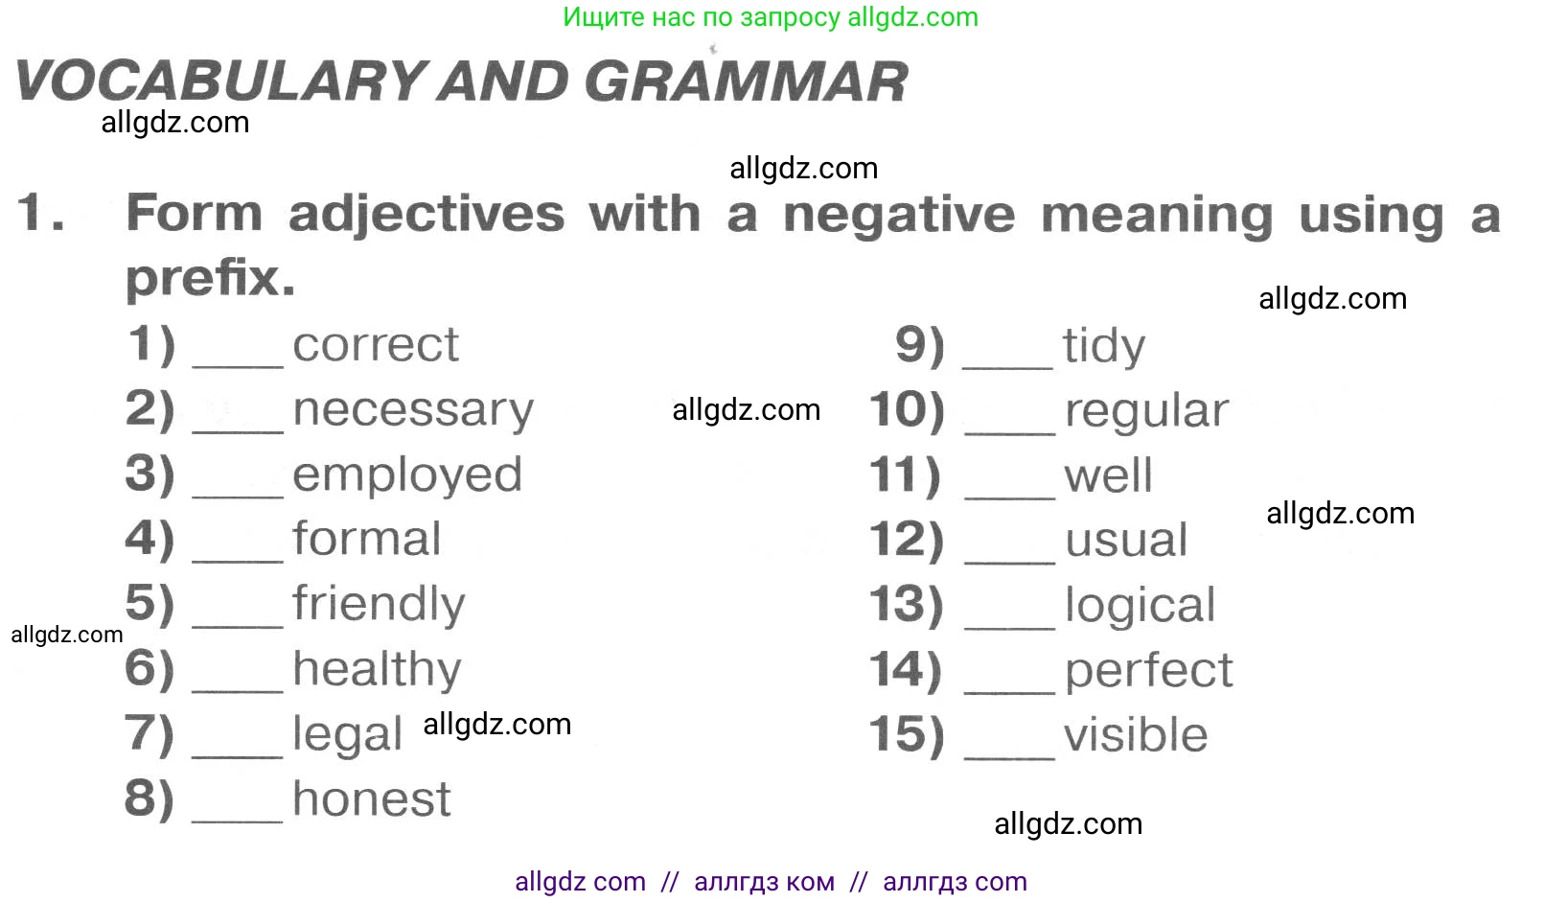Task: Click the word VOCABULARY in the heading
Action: tap(219, 81)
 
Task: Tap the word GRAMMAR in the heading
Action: tap(747, 81)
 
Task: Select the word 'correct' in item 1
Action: tap(376, 344)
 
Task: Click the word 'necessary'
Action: tap(413, 411)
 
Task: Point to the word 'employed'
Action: tap(407, 475)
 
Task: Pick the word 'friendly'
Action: tap(379, 604)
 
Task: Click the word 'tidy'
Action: tap(1104, 345)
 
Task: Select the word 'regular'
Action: tap(1146, 411)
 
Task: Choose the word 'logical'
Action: tap(1141, 606)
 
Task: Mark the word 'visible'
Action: tap(1136, 734)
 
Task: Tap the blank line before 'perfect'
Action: tap(1009, 691)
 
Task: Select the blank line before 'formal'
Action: tap(237, 560)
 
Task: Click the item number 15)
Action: tap(907, 734)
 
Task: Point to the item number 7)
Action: tap(149, 733)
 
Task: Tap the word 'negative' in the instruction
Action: tap(899, 215)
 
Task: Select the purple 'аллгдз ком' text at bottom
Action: tap(764, 882)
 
